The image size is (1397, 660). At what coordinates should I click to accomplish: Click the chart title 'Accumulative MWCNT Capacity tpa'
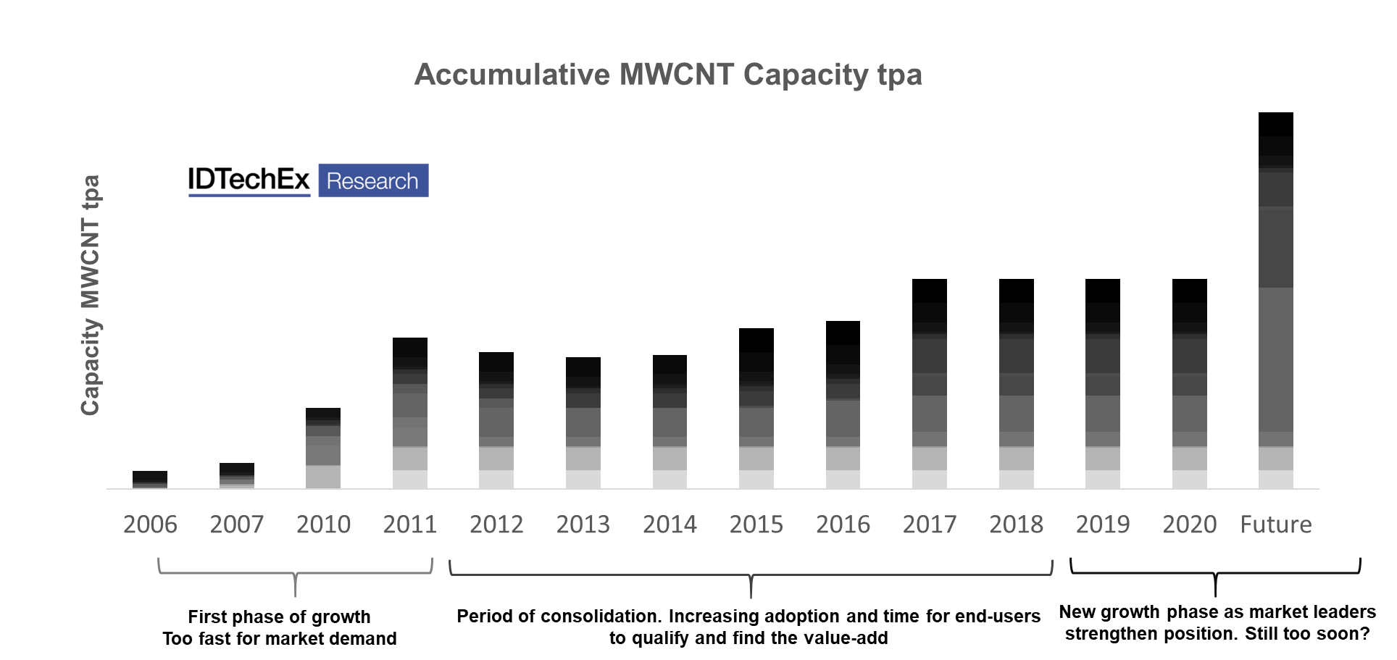click(667, 75)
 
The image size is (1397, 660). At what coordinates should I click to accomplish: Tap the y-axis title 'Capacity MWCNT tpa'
click(90, 295)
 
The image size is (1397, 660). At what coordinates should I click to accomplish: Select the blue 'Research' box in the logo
click(373, 180)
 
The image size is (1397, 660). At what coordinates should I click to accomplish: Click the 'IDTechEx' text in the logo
click(249, 180)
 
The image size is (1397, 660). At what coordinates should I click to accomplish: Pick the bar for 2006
click(150, 480)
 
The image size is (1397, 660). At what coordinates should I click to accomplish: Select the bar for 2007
click(237, 476)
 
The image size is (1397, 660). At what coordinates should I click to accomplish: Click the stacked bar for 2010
click(323, 448)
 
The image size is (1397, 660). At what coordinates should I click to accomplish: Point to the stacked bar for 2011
click(410, 413)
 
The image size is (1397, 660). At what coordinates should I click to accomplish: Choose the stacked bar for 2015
click(756, 409)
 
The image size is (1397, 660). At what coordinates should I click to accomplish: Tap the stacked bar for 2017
click(930, 384)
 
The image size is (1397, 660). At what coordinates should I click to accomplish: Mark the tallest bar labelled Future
click(1276, 301)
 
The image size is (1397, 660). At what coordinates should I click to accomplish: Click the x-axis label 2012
click(496, 524)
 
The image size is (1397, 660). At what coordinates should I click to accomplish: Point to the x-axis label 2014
click(670, 524)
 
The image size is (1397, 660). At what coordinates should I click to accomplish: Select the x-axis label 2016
click(843, 524)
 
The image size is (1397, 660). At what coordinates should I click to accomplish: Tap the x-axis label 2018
click(1016, 524)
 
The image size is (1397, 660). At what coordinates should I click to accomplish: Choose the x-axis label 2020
click(1189, 524)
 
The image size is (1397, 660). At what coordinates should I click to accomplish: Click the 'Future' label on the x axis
click(1276, 524)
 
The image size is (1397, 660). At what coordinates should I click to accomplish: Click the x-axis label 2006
click(150, 524)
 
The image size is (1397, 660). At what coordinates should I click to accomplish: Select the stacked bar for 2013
click(583, 423)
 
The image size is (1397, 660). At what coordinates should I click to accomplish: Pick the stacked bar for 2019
click(1103, 384)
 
